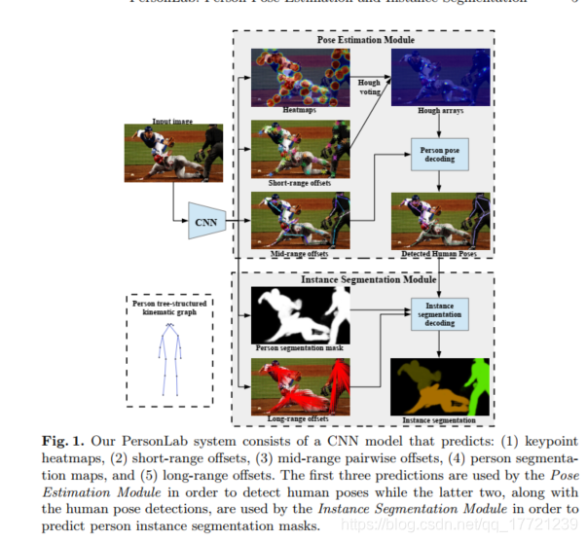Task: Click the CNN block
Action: (x=206, y=220)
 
